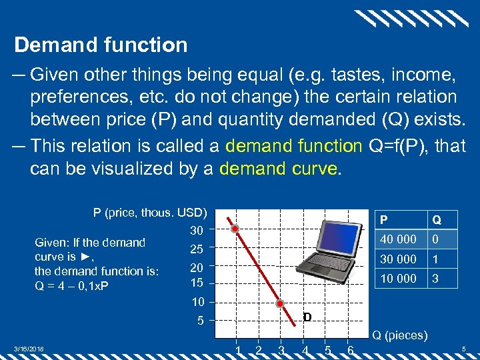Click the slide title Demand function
point(101,45)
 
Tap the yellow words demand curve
point(278,169)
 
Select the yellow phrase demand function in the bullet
point(293,145)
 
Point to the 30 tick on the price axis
point(196,231)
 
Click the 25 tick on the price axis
point(196,249)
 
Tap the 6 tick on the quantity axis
point(350,350)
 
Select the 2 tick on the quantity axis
point(259,350)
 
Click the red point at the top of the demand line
point(235,229)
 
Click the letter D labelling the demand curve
point(307,317)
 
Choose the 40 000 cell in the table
point(397,239)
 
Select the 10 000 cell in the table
point(397,278)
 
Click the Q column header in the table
point(436,219)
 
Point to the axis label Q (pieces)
point(400,335)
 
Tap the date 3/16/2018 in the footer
point(29,348)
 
